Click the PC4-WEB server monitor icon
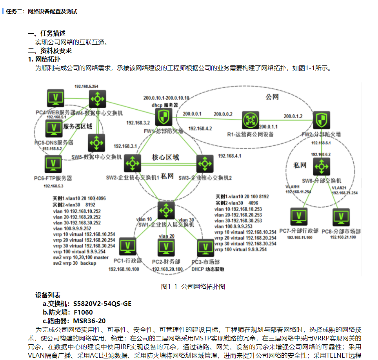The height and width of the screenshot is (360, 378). (56, 98)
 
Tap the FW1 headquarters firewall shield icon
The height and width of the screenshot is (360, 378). (163, 117)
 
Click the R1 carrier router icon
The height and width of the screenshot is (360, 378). (250, 120)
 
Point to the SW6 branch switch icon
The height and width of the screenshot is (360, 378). (322, 166)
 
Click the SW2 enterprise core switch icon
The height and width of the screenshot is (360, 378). (133, 163)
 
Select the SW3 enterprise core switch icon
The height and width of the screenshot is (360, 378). (204, 163)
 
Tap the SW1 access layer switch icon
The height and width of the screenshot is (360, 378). (166, 210)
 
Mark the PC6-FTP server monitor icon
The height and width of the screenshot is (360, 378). (51, 165)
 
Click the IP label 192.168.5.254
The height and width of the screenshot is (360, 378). (87, 86)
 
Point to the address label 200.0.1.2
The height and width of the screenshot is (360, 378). (293, 116)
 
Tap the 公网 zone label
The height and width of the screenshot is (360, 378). (272, 96)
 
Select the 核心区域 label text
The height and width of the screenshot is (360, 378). (165, 157)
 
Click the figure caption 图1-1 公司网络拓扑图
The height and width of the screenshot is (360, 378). (193, 286)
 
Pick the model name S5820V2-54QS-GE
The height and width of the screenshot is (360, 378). (102, 304)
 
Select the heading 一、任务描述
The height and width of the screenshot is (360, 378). (47, 34)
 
